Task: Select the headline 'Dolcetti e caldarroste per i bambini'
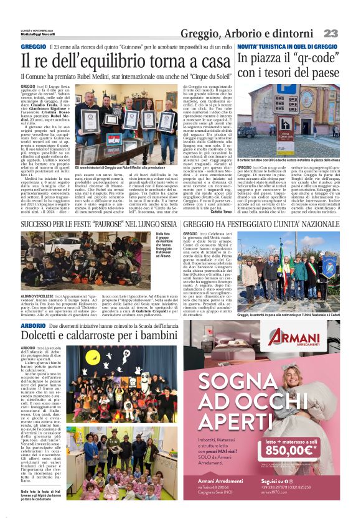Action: [x=91, y=337]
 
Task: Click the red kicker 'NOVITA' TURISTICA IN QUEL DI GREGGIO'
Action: [x=286, y=47]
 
